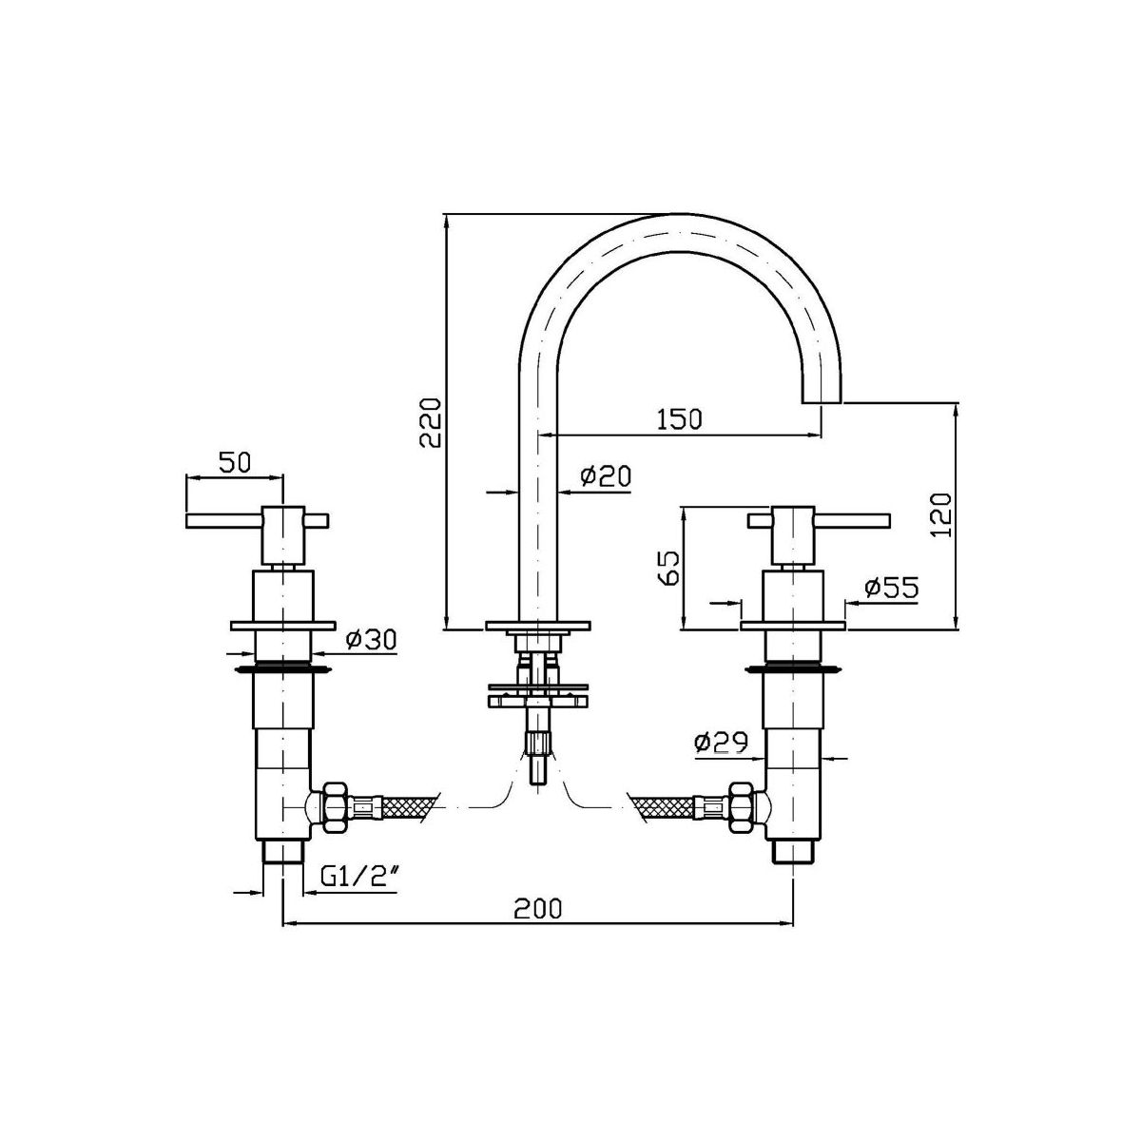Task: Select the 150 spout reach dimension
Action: (x=679, y=418)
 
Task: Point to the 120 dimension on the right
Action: (x=940, y=514)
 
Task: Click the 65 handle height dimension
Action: (x=670, y=568)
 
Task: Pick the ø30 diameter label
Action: (x=370, y=639)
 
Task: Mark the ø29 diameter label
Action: (x=722, y=742)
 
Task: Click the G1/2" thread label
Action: (x=358, y=891)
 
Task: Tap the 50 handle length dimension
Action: (x=235, y=462)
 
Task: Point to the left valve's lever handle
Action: (x=257, y=520)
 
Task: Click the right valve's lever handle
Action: (x=819, y=520)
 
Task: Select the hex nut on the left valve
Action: (x=335, y=807)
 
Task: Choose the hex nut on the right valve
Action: (x=742, y=806)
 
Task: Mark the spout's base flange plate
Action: (x=537, y=626)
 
